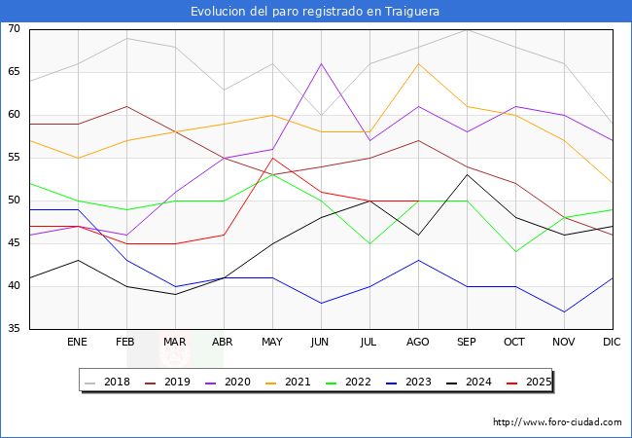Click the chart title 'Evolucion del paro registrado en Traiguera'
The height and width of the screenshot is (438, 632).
tap(315, 12)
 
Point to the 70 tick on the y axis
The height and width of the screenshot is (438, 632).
tap(14, 29)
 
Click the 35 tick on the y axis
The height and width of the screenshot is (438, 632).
tap(14, 329)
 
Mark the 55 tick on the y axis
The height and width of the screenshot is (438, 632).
tap(14, 158)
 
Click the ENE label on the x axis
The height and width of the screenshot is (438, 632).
tap(78, 343)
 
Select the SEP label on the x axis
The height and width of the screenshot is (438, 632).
tap(467, 343)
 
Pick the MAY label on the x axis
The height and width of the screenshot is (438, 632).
tap(272, 343)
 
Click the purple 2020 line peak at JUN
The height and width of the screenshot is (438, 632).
tap(321, 63)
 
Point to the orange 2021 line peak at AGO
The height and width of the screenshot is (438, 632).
tap(418, 63)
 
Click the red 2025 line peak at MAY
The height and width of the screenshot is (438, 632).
tap(272, 158)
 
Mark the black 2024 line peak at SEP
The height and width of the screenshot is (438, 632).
tap(467, 174)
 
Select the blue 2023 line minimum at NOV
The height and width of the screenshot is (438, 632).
tap(564, 311)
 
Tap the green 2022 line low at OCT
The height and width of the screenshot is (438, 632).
tap(515, 252)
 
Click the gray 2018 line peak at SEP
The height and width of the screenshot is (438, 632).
tap(467, 29)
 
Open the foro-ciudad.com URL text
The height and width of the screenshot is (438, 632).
tap(557, 422)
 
